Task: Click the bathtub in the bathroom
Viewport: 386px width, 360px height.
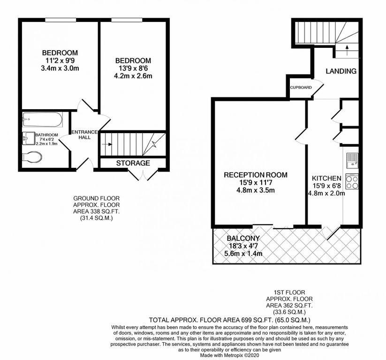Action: [x=43, y=120]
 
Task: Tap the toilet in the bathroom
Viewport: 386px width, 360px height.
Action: [x=32, y=157]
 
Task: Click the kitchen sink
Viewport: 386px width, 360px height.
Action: [x=353, y=160]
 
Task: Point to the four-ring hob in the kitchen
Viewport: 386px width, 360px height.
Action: [x=352, y=181]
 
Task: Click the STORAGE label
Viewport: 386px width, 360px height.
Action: [x=133, y=163]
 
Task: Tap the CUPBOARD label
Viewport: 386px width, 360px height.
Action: [x=301, y=87]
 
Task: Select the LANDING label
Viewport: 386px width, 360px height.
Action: [x=341, y=71]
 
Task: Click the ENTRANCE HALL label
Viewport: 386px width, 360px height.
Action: [x=84, y=135]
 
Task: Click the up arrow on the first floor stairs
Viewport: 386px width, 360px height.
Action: [x=347, y=50]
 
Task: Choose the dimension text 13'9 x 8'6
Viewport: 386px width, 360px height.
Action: [x=133, y=68]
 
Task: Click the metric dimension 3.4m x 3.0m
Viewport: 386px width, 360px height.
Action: [x=60, y=68]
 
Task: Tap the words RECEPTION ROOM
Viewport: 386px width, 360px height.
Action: [x=256, y=175]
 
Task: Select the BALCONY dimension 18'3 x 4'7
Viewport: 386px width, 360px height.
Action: [x=243, y=246]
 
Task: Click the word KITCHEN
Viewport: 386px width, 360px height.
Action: [x=327, y=178]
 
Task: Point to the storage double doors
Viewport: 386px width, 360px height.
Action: [x=143, y=175]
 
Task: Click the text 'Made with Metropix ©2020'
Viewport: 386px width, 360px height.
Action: [x=229, y=355]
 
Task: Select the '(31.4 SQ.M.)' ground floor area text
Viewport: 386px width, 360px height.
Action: [x=96, y=218]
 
